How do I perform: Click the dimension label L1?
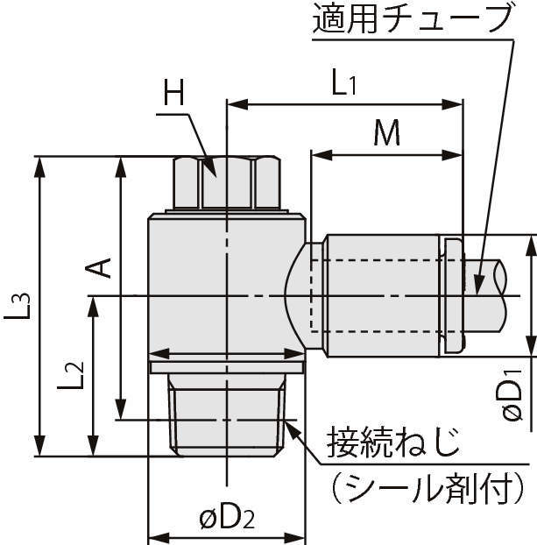coord(343,85)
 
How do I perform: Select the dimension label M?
coord(386,134)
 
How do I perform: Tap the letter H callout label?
coord(175,94)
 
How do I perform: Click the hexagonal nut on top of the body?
coord(226,182)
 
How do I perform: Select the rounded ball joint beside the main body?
coord(297,294)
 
